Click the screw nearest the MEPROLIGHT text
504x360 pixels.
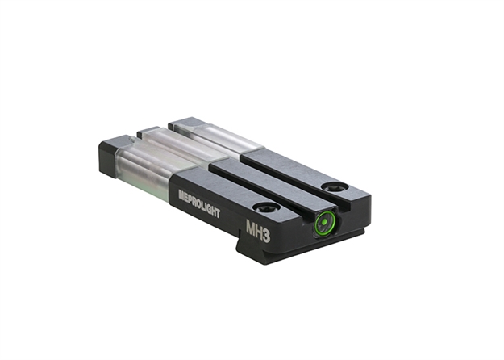265,206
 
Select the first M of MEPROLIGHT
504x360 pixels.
181,195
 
